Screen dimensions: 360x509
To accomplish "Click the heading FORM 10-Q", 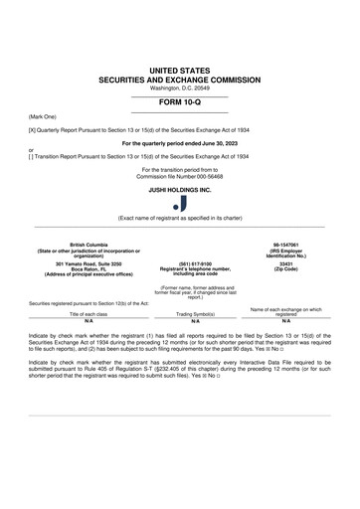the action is (x=179, y=101).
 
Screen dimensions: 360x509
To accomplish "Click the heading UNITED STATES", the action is (x=179, y=67).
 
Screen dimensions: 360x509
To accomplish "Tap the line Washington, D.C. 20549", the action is (x=179, y=86).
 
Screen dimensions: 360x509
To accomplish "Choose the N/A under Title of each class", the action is (x=89, y=322).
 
